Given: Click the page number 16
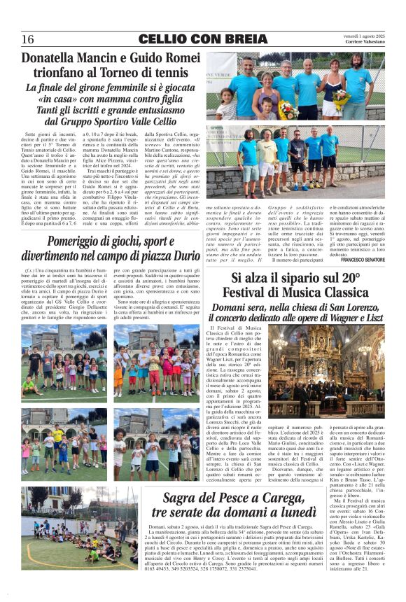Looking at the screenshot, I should (28, 38).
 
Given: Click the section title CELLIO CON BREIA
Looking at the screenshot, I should (202, 38).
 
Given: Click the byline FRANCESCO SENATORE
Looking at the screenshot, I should (362, 260).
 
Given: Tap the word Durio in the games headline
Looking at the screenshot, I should (183, 256).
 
